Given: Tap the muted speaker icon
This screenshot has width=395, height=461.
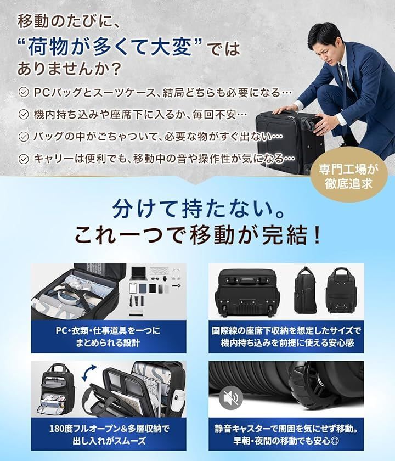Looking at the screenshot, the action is point(231,398).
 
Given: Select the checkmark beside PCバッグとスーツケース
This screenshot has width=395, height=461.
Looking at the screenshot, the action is point(24,93).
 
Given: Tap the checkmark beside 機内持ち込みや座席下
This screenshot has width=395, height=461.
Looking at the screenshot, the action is point(24,114).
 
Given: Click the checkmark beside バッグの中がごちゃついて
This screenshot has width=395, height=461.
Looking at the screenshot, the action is point(24,137).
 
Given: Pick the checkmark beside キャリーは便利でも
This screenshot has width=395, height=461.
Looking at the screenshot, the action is point(24,159).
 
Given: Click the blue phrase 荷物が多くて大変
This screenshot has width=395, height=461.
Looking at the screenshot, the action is point(110,47).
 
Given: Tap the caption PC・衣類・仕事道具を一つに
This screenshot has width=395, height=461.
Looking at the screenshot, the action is point(108,330).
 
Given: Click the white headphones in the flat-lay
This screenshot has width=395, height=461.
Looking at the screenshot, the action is point(176,273).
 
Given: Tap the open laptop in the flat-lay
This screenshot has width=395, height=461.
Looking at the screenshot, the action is point(138,273).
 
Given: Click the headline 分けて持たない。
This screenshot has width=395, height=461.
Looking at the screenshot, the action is point(198,210).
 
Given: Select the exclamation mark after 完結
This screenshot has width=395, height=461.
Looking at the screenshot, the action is point(317,235).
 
